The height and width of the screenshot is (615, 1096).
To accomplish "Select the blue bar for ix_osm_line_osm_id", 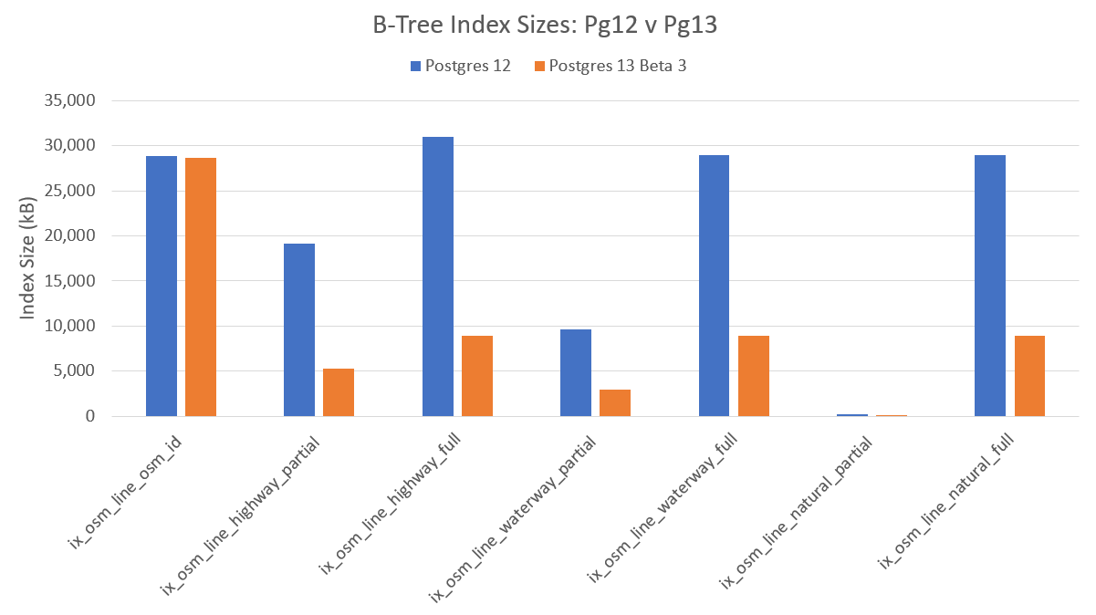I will click(162, 286).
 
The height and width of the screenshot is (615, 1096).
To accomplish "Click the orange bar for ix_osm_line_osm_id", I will click(201, 287).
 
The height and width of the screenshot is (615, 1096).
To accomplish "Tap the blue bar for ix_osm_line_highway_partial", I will click(299, 329).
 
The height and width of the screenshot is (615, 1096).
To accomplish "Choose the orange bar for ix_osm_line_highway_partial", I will click(339, 392).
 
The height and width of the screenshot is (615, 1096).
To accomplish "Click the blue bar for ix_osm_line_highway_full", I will click(438, 276).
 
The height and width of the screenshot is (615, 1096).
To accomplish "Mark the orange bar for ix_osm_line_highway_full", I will click(477, 376).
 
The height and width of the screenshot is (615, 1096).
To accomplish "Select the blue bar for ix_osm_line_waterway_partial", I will click(576, 372).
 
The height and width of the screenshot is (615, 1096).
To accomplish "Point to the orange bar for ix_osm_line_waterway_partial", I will click(615, 402).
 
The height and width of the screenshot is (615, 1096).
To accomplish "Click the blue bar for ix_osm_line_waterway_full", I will click(714, 286).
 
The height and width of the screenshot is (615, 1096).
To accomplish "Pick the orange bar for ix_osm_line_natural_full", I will click(1029, 376).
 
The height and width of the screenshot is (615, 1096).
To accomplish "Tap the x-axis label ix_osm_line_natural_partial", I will click(796, 512).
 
